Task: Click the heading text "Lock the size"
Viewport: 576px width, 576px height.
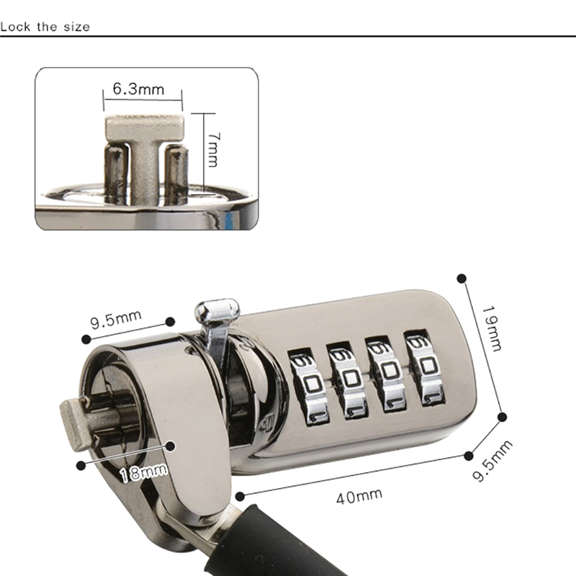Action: (x=45, y=27)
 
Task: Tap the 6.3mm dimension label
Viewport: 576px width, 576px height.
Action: (x=138, y=89)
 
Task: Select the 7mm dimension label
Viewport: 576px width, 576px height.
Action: (x=213, y=150)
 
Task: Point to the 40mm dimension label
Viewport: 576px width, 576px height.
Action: (x=359, y=496)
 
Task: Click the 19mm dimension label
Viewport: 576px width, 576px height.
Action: (x=492, y=328)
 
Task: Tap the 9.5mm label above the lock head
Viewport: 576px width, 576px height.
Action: (x=116, y=319)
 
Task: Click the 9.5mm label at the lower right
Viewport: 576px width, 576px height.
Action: (x=492, y=460)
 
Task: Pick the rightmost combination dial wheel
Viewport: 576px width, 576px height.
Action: (x=424, y=368)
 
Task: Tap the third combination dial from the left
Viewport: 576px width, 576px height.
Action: (x=386, y=374)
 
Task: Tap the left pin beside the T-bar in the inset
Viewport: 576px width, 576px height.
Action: (x=117, y=173)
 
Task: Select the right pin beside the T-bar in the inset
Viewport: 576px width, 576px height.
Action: (x=176, y=173)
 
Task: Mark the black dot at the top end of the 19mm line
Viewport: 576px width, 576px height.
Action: (x=462, y=279)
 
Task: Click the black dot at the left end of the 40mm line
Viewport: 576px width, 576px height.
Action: (x=240, y=497)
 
